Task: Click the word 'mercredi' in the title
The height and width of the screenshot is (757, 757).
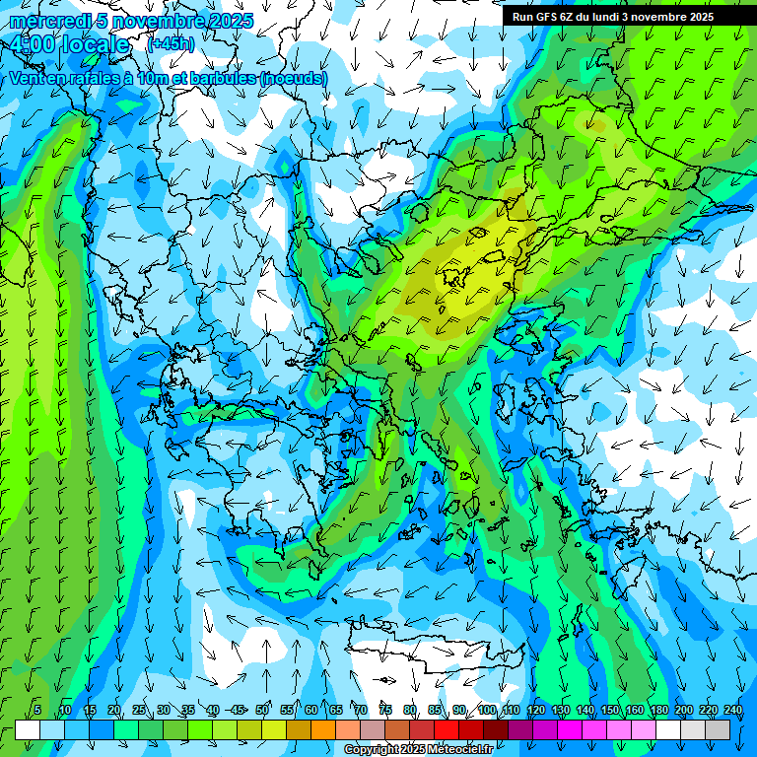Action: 45,21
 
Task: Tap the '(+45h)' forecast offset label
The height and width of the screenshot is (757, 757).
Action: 171,44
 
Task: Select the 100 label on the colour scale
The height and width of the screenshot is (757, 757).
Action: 486,710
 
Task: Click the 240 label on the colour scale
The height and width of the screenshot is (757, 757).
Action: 732,710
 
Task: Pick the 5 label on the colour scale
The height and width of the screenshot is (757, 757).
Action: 37,710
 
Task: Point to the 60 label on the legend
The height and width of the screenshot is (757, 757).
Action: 311,710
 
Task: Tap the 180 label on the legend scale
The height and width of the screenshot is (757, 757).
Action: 657,710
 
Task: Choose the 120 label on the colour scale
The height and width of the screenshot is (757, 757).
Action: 535,710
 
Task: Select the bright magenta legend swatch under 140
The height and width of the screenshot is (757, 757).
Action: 594,729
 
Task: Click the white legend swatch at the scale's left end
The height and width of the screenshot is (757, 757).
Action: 28,729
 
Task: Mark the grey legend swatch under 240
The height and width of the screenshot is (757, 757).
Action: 718,729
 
